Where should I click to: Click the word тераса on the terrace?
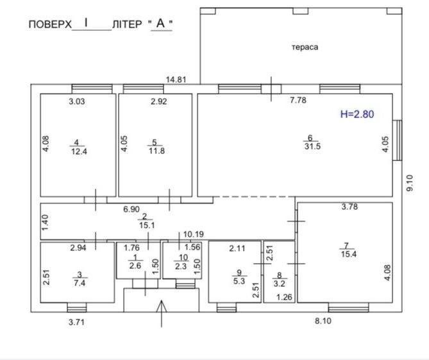click(305, 47)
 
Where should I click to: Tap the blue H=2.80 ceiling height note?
click(357, 114)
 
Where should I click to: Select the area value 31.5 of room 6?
click(312, 146)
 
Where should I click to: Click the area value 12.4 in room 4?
click(79, 151)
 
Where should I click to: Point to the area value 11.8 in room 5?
click(156, 151)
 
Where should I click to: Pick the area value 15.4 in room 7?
click(349, 254)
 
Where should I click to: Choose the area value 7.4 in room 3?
click(80, 283)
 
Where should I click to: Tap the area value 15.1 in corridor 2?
click(147, 225)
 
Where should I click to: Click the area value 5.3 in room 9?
click(239, 281)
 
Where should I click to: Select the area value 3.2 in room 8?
click(280, 284)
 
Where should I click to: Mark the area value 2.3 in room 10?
click(181, 266)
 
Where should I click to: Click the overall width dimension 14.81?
click(176, 80)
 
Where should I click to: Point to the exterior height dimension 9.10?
click(410, 183)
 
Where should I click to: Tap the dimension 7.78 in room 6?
click(298, 100)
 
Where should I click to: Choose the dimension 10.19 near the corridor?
click(194, 234)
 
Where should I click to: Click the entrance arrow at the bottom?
click(162, 314)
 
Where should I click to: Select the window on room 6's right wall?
click(398, 140)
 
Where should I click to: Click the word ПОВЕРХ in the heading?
click(50, 24)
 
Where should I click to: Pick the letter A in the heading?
click(160, 23)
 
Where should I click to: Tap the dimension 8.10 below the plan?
click(323, 321)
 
